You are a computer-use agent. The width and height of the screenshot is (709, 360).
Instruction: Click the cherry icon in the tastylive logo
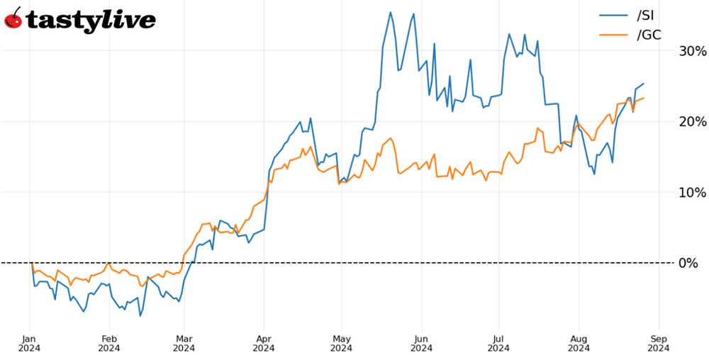(13, 19)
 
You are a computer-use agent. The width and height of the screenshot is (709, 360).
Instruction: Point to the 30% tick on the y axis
(692, 51)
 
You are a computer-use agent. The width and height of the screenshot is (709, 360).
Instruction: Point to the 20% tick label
(692, 121)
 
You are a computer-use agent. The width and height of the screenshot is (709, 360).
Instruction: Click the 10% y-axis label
(692, 192)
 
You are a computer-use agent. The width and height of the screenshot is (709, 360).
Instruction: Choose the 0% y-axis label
(688, 263)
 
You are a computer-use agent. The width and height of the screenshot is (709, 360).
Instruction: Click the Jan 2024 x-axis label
(30, 342)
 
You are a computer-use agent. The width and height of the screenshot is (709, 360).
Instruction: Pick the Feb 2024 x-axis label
(108, 342)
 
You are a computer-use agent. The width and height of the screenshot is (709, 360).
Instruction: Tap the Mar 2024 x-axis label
(184, 342)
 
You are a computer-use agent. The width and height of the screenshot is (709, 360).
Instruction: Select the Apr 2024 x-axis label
(264, 342)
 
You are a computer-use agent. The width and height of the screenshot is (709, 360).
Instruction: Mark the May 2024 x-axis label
(342, 342)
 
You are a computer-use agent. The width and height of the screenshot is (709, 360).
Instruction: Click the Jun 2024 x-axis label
(421, 342)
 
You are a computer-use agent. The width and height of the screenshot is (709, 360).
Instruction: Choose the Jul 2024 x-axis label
(499, 342)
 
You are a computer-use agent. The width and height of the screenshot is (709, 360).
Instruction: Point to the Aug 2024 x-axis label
(579, 342)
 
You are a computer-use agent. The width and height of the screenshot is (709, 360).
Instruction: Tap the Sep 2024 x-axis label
(659, 342)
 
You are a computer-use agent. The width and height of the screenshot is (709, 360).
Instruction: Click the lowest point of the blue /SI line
(140, 315)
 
